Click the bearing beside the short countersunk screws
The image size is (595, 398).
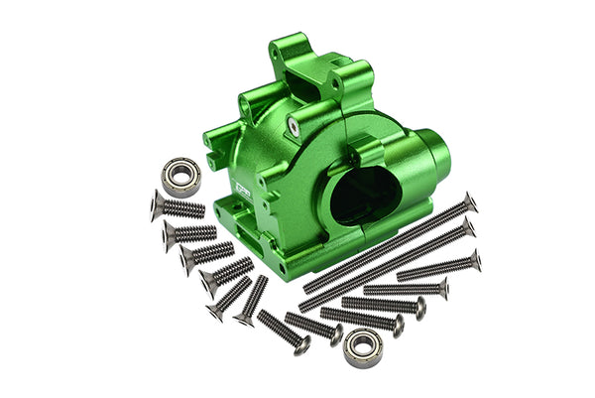point(181,176)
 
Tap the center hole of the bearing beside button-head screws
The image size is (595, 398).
point(363,348)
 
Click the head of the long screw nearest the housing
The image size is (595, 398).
point(470,202)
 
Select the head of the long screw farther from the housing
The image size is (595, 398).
point(468,228)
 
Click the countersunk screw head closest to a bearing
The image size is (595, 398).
point(157,204)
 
